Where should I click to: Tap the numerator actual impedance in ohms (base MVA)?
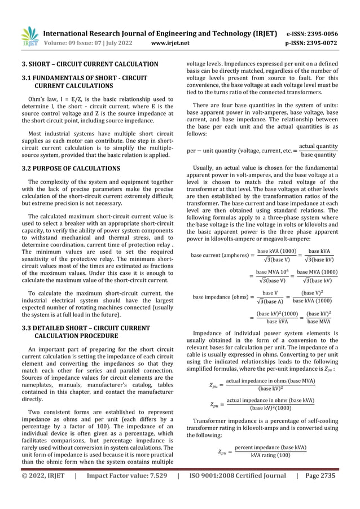[x=270, y=383]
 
